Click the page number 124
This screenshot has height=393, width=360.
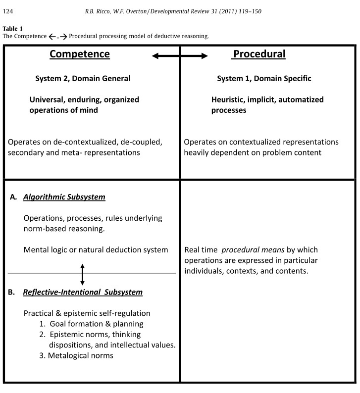tap(8, 11)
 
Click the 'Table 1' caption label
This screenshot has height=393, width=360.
tap(13, 28)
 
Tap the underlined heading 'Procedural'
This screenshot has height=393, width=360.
tap(258, 54)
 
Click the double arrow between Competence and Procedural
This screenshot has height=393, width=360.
tap(180, 56)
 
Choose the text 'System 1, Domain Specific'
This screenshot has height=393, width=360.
tap(264, 79)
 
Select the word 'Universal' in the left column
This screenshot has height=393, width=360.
tap(47, 99)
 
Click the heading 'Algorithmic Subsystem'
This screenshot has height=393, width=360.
tap(64, 197)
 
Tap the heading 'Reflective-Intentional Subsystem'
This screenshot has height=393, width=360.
tap(83, 292)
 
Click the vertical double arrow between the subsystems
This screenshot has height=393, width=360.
tap(82, 273)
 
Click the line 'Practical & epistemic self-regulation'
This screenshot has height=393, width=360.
tap(87, 313)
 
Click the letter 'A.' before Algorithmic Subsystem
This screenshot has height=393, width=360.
tap(14, 197)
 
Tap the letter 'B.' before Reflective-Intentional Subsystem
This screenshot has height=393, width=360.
tap(12, 292)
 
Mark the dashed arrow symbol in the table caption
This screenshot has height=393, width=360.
tap(57, 36)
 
